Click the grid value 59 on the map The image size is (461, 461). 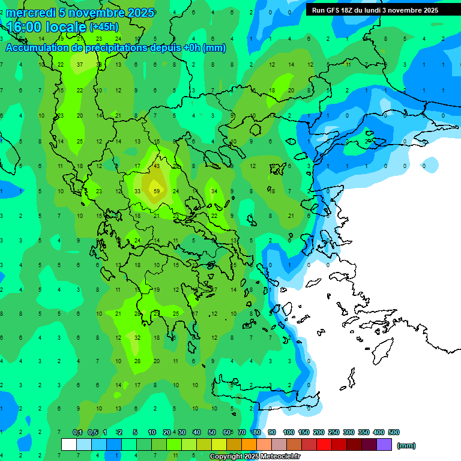point(157,191)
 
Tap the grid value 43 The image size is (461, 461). point(157,166)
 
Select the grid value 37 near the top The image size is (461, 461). point(80,64)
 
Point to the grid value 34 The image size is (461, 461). point(214,191)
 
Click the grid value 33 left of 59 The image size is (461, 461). point(137,191)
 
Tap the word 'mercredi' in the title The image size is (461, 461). point(31,13)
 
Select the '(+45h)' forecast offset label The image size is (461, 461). point(104,27)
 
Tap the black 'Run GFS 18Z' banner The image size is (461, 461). point(375,10)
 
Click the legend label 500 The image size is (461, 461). point(393,432)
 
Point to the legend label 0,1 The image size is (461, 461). point(77,432)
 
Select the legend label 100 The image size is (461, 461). point(289,432)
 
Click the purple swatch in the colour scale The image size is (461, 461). point(384,444)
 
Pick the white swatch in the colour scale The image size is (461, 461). point(69,444)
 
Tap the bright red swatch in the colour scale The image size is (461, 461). point(324,444)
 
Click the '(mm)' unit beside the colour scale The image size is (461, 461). point(406,445)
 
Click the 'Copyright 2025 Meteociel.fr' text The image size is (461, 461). point(255,457)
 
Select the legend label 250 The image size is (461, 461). point(333,432)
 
